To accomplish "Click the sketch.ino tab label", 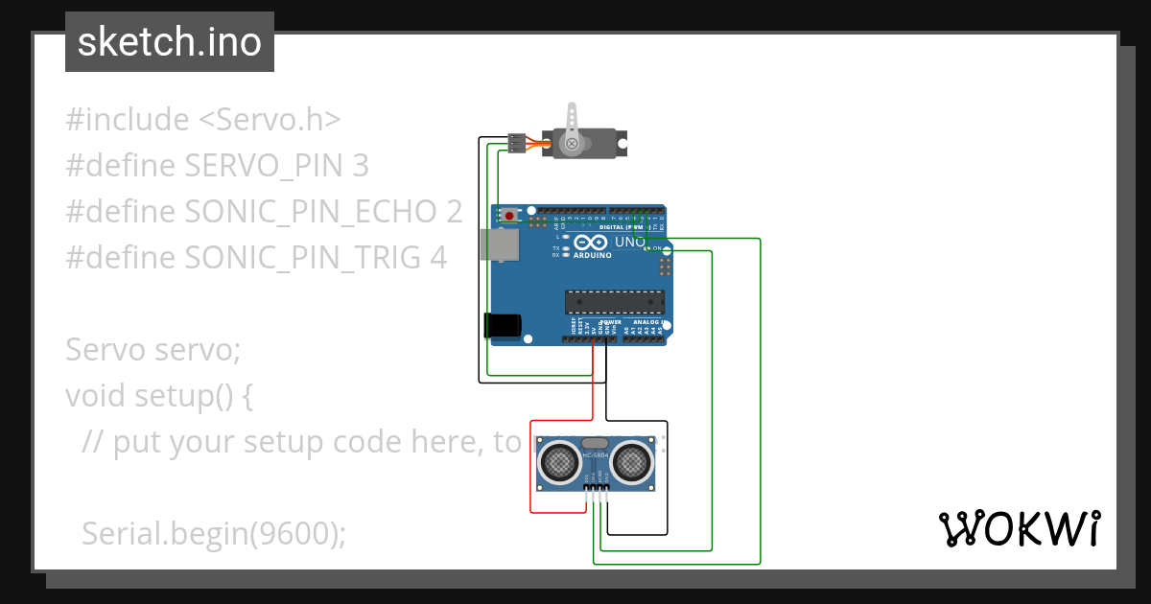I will [170, 42].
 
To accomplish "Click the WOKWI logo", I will [1019, 528].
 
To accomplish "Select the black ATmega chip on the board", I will [614, 302].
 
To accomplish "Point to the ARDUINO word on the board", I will [593, 256].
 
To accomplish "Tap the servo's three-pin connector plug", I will [516, 144].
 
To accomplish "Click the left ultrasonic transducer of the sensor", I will [557, 462].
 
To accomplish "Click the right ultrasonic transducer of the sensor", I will [632, 462].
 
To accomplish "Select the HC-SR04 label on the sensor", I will [595, 454].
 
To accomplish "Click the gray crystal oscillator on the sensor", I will [595, 442].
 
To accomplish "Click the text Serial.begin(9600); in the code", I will [213, 534].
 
